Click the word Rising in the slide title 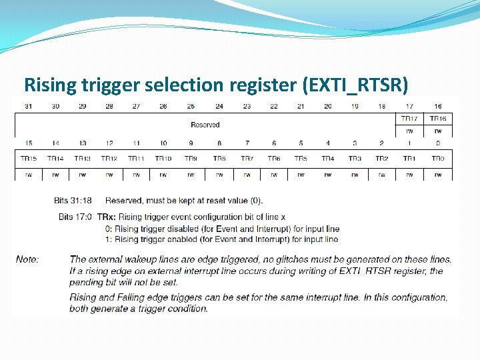(49, 85)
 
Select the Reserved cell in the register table (205, 125)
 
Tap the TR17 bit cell (409, 119)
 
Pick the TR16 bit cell (437, 119)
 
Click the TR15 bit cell (28, 159)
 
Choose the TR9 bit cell (191, 159)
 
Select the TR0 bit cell (437, 159)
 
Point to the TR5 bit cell (301, 159)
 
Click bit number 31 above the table (28, 107)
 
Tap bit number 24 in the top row (219, 107)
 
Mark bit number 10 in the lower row (163, 143)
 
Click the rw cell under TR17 (409, 131)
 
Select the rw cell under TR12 (109, 175)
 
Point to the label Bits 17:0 (75, 217)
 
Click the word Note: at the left (27, 259)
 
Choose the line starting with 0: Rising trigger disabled (217, 228)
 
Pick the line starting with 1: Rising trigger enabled (217, 239)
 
